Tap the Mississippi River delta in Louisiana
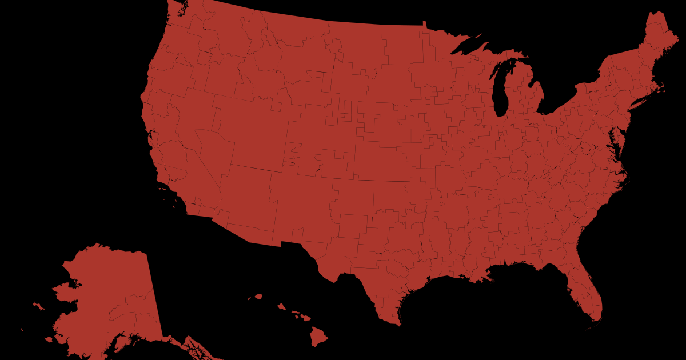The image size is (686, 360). (x=487, y=278)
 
